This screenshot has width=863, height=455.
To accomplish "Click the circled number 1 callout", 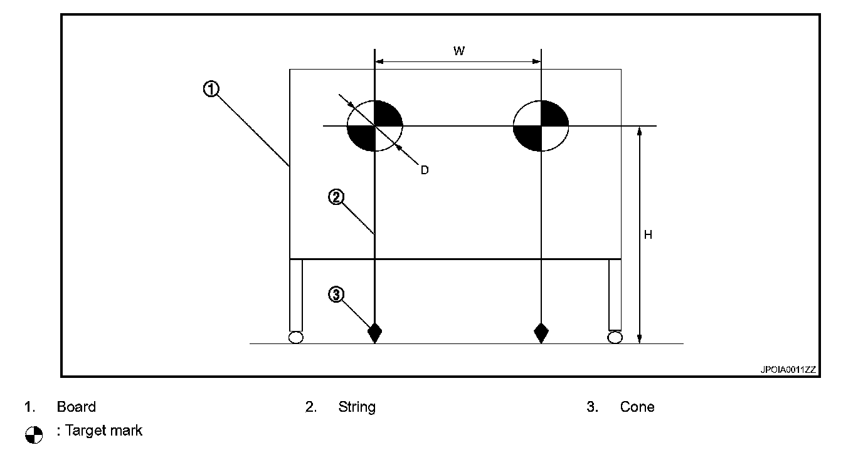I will (x=211, y=90).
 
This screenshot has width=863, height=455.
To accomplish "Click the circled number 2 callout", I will (x=336, y=197).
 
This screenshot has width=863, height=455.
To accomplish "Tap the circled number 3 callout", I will (x=336, y=294).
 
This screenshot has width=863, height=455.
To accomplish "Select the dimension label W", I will (x=459, y=51).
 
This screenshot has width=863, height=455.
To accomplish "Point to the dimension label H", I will (x=649, y=235).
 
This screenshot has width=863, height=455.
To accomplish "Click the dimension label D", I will (x=425, y=170).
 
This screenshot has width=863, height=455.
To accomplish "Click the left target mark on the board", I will (x=374, y=126).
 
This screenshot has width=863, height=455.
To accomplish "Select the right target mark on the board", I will (x=541, y=126).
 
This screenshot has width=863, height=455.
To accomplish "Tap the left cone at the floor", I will (x=374, y=332).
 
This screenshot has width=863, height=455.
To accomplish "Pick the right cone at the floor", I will (x=541, y=332).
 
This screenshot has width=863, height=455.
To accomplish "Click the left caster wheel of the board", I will (x=295, y=337).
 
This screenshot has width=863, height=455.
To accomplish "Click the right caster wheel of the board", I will (x=615, y=337).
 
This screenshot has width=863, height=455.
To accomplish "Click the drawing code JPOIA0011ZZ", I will (x=788, y=370).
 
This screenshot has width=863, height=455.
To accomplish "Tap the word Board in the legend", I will (x=77, y=407).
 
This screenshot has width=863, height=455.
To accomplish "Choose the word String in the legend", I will (x=357, y=407).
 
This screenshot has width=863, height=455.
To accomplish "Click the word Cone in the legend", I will (x=637, y=407).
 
